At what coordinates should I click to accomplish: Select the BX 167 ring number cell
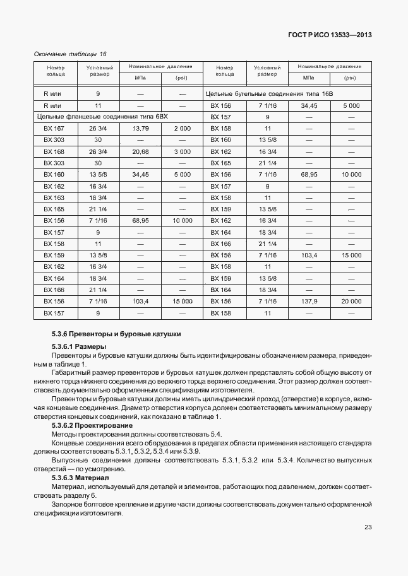(54, 129)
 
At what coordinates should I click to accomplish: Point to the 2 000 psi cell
(182, 129)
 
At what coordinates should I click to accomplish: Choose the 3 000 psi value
(182, 151)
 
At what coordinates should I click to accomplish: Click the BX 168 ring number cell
(54, 151)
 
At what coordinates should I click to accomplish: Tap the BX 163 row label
(54, 197)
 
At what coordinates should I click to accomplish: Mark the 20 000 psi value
(351, 301)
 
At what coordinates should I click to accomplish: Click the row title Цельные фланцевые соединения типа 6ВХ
(101, 117)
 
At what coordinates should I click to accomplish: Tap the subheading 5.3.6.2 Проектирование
(92, 425)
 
